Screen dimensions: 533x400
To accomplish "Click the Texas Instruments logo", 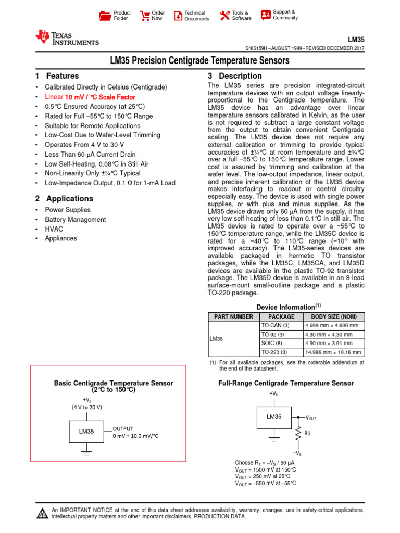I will (67, 37).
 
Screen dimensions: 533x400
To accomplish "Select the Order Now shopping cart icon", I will (145, 16).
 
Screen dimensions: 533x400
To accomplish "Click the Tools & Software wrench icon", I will (224, 16).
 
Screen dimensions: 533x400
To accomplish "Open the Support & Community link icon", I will (266, 15).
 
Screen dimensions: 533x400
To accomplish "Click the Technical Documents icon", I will (178, 16).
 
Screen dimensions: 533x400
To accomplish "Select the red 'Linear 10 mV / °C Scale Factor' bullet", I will (90, 97).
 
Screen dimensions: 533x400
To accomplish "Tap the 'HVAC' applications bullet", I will (54, 229).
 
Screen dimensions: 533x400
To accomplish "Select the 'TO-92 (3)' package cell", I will (273, 335).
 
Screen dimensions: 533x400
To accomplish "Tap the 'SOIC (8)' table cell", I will (271, 344).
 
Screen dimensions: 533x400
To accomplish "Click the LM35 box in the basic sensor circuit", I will (86, 432).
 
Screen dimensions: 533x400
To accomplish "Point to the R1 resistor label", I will (308, 433).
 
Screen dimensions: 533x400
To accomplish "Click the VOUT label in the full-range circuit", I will (311, 418).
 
